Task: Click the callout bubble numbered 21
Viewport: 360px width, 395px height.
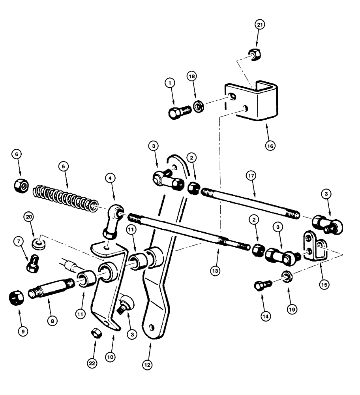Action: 259,24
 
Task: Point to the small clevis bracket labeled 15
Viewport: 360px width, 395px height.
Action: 315,248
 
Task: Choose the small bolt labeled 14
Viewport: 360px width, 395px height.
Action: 262,285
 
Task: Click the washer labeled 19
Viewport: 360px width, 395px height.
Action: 287,275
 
